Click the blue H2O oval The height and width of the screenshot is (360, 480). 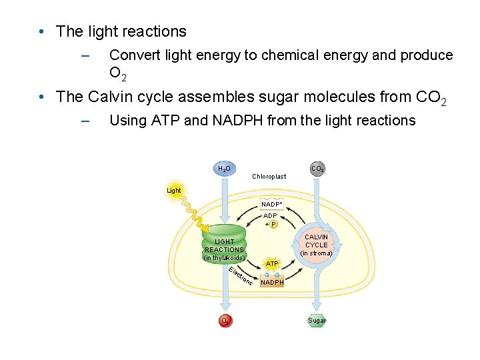pyautogui.click(x=225, y=169)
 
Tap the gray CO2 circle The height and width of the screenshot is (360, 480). pyautogui.click(x=317, y=169)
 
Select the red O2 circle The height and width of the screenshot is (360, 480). pyautogui.click(x=226, y=321)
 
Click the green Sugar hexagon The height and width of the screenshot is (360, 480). pyautogui.click(x=317, y=321)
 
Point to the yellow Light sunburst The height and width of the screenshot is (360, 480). pyautogui.click(x=174, y=191)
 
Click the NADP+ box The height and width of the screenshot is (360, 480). pyautogui.click(x=271, y=203)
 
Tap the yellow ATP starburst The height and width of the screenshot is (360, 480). pyautogui.click(x=272, y=264)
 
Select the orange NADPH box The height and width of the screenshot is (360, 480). pyautogui.click(x=272, y=282)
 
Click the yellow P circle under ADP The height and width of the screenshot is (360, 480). pyautogui.click(x=274, y=224)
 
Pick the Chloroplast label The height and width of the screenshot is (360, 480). pyautogui.click(x=269, y=177)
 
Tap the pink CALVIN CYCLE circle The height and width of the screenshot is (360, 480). pyautogui.click(x=316, y=245)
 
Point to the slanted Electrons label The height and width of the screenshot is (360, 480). pyautogui.click(x=240, y=277)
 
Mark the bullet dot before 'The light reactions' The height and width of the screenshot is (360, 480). pyautogui.click(x=41, y=32)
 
